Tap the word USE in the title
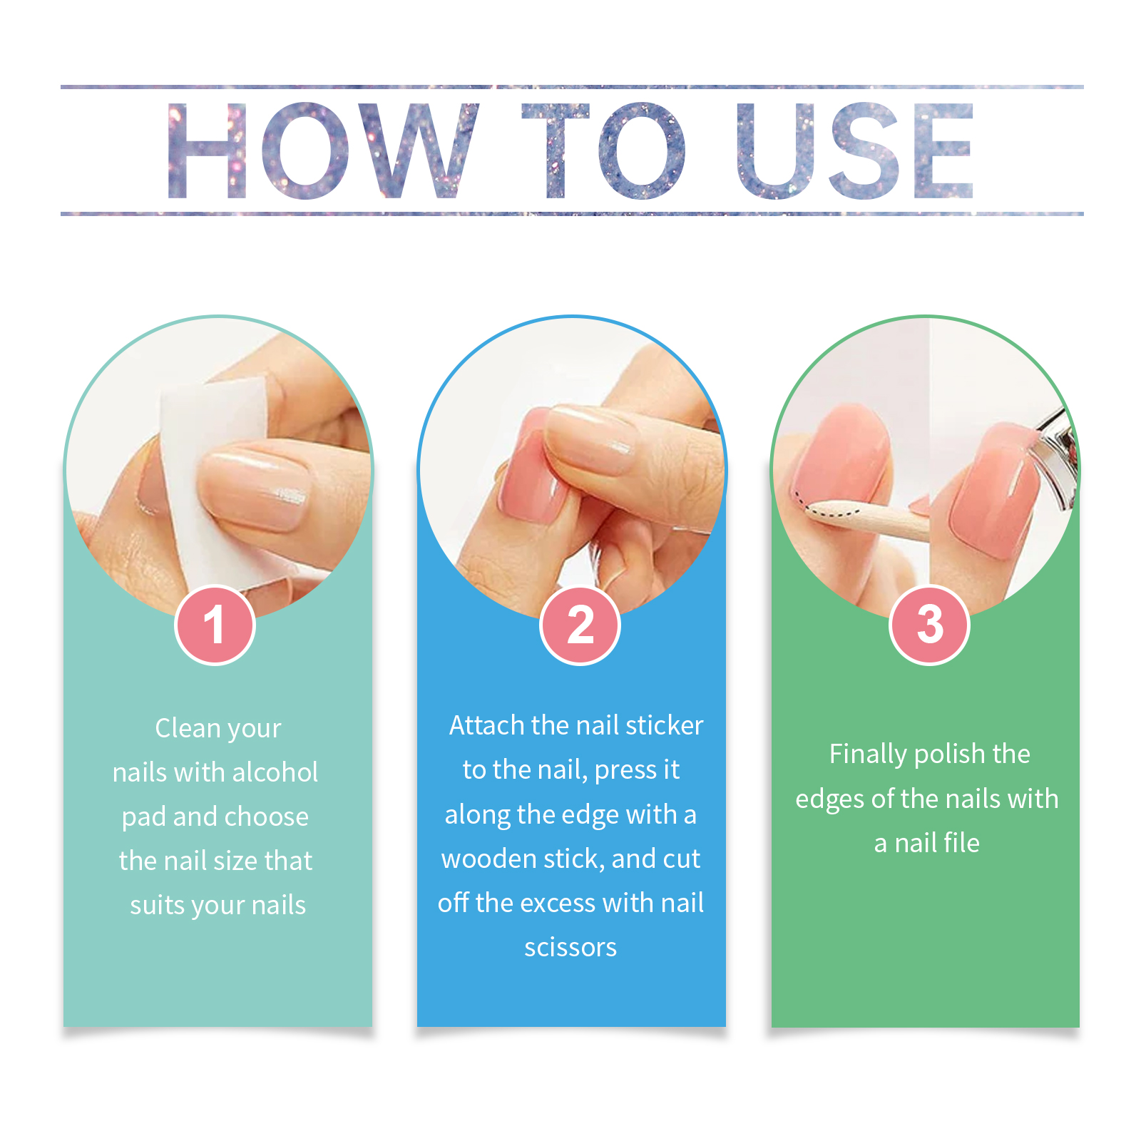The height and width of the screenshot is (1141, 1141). tap(855, 150)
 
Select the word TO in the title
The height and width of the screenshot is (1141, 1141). tap(603, 150)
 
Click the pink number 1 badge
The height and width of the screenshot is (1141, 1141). tap(215, 625)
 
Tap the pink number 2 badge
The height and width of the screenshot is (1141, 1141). tap(580, 625)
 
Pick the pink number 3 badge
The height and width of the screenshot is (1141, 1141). tap(929, 625)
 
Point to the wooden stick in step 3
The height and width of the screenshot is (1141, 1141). tap(870, 521)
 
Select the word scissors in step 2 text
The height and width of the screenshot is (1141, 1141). tap(570, 947)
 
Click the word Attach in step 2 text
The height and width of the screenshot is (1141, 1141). tap(486, 725)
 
